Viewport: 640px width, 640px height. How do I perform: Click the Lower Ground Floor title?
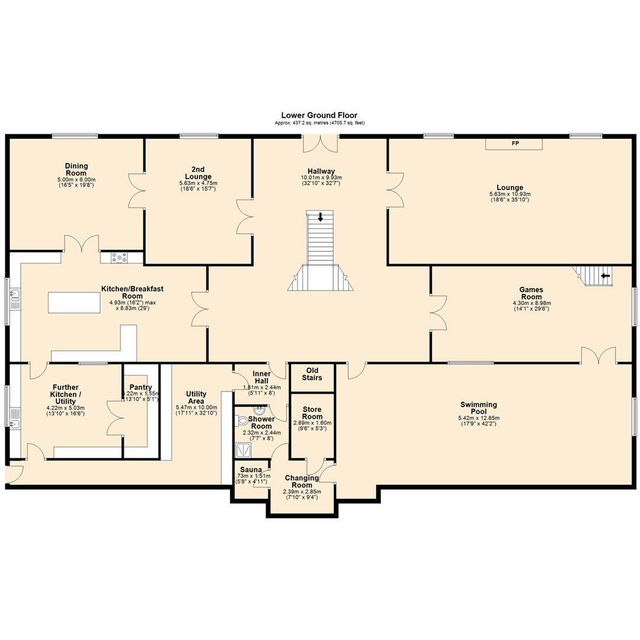319,116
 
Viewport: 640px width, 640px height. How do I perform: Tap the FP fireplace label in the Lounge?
514,144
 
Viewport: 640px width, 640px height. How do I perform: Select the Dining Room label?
76,169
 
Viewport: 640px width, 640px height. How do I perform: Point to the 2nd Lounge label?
199,171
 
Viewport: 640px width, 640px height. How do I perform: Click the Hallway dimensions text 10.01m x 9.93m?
321,177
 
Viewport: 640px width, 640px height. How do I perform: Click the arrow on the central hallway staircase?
321,217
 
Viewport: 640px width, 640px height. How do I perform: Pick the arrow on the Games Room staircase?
606,276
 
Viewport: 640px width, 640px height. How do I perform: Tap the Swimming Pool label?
478,408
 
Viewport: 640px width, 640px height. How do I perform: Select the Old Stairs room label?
312,374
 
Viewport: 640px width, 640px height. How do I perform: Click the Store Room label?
312,413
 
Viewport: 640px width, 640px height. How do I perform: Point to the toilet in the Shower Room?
242,421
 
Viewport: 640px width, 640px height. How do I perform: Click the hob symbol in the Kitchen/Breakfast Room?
121,257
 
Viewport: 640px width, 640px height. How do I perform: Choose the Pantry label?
141,387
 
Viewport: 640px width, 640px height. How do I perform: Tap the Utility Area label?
196,398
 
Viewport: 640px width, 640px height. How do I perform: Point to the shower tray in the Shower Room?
244,452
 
